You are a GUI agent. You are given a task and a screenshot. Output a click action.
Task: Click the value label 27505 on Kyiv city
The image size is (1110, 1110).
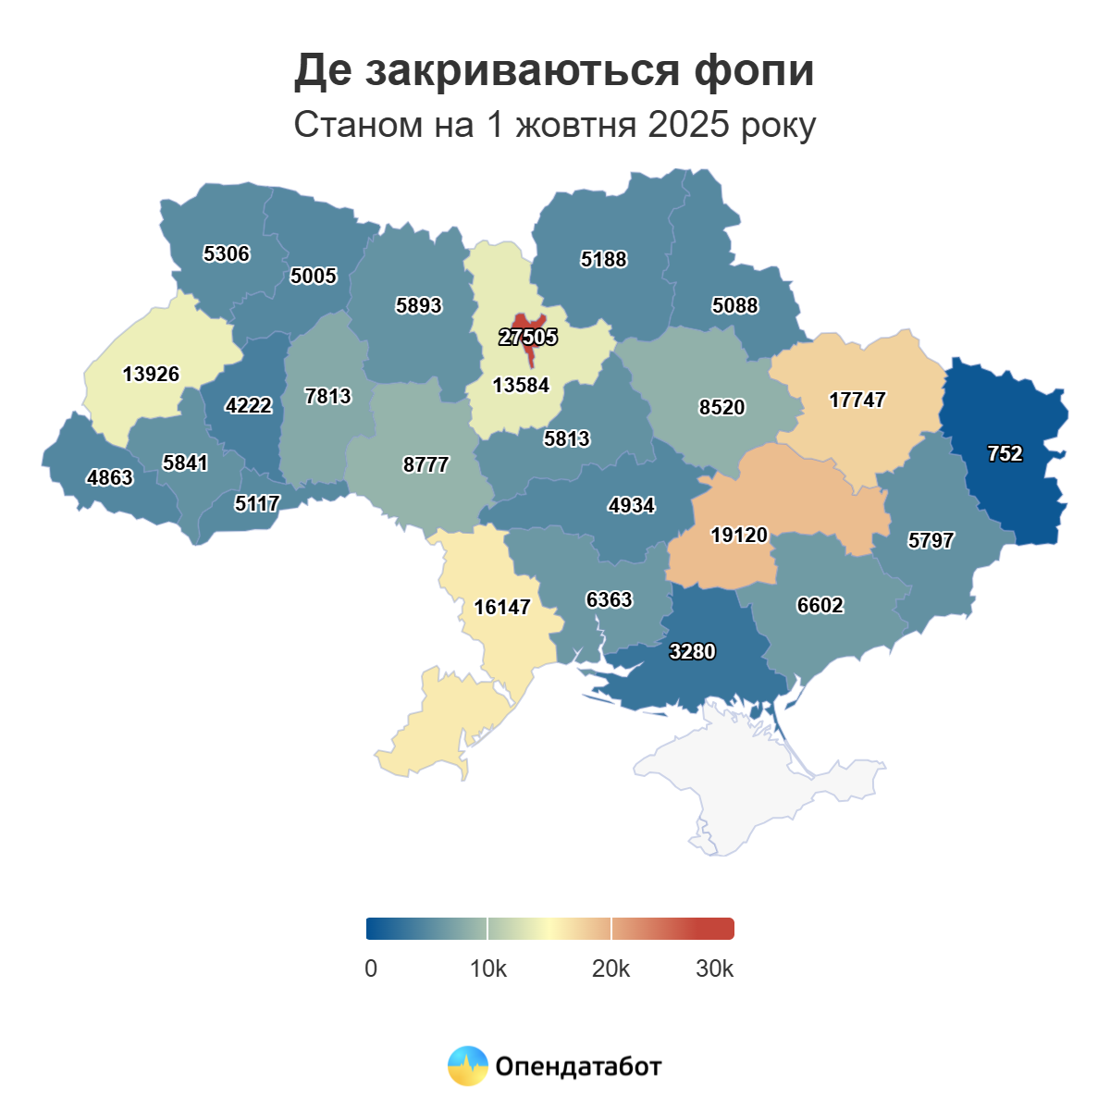click(528, 338)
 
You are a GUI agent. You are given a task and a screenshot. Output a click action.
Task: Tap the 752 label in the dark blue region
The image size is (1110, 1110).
click(1005, 454)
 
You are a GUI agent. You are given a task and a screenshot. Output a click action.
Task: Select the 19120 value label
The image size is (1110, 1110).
click(739, 536)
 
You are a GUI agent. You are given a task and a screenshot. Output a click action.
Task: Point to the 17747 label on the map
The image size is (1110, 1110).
click(857, 401)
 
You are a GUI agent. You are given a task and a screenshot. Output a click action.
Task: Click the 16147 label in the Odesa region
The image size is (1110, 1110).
click(502, 608)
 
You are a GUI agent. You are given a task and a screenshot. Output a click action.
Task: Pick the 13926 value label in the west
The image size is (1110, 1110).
click(151, 375)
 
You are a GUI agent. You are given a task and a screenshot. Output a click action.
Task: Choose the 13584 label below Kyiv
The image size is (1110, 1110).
click(521, 386)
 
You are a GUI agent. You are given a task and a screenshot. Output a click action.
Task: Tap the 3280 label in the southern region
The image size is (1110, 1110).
click(692, 652)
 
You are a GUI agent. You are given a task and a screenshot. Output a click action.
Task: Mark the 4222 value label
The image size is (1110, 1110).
click(249, 406)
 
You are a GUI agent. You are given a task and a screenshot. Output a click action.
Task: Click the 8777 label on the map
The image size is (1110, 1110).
click(425, 465)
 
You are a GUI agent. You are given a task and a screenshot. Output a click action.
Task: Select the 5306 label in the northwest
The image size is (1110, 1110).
click(227, 254)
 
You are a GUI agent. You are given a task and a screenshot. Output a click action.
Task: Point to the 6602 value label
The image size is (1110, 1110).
click(820, 606)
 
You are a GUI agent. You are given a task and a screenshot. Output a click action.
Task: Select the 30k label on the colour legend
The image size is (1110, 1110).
click(715, 969)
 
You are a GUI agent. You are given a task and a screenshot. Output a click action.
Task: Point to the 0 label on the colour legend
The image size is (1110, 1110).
click(371, 969)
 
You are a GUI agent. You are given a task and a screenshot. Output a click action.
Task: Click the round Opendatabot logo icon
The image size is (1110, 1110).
click(467, 1067)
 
